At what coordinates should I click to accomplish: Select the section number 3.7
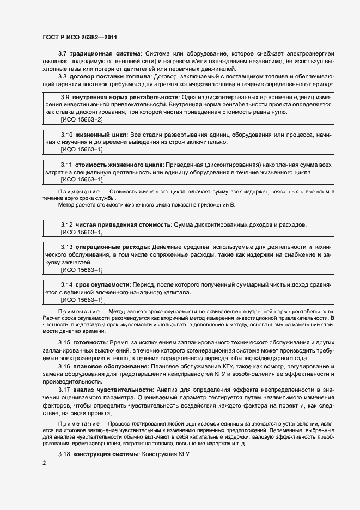(x=62, y=53)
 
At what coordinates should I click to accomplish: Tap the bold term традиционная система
(x=104, y=53)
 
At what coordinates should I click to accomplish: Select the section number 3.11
(x=66, y=165)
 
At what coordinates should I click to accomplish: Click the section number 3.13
(x=66, y=247)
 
